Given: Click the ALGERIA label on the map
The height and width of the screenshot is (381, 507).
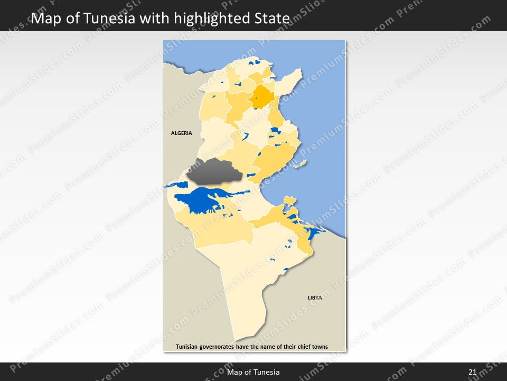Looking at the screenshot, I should tap(182, 133).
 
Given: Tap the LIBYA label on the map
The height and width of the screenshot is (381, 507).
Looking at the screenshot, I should tap(315, 298).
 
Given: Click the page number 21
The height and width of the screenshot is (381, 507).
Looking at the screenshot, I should tap(473, 373).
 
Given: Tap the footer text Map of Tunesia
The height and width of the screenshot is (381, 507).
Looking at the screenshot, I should tap(253, 373).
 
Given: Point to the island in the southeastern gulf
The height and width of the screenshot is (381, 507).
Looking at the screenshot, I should tap(289, 200).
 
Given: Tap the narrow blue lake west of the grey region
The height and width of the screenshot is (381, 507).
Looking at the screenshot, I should tap(176, 185).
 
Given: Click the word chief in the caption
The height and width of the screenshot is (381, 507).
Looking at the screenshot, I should tap(298, 347).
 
